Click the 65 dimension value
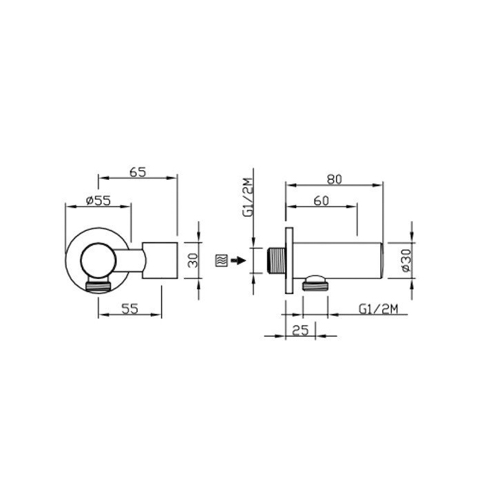tap(138, 172)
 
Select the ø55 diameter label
tap(98, 201)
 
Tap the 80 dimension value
tap(335, 179)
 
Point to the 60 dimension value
tap(322, 201)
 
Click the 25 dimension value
tap(300, 330)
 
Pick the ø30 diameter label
tap(406, 260)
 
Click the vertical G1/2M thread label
tap(249, 198)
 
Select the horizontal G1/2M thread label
tap(378, 308)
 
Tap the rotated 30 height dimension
tap(193, 260)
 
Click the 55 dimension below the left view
tap(130, 308)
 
